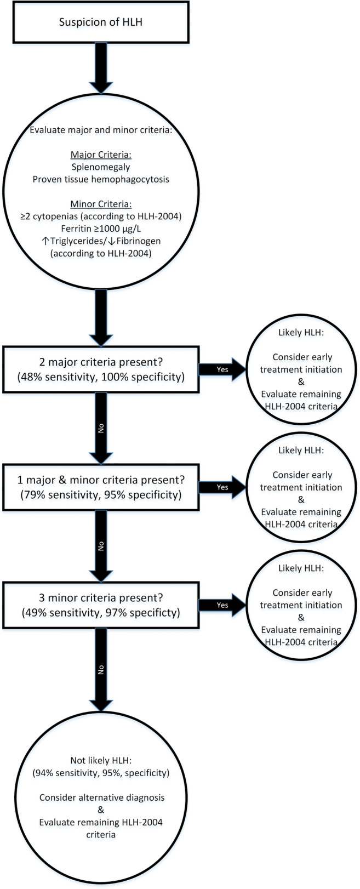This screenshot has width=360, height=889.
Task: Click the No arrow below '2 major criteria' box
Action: point(101,428)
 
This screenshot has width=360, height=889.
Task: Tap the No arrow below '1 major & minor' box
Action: point(101,546)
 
